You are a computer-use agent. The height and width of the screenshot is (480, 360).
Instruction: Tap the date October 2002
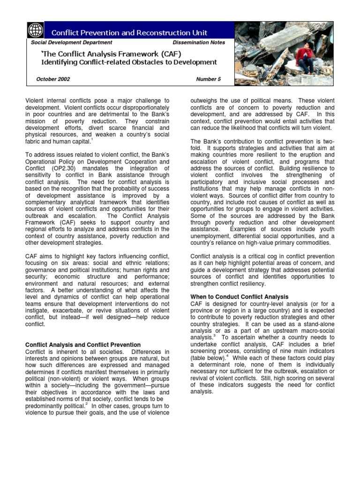[53, 79]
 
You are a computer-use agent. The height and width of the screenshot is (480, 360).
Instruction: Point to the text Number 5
[208, 79]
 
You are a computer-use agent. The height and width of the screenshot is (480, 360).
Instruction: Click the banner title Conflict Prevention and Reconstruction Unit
[129, 32]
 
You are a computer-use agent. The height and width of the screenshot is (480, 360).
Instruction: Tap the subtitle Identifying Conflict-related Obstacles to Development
[129, 62]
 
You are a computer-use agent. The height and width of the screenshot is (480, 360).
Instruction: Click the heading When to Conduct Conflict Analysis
[239, 297]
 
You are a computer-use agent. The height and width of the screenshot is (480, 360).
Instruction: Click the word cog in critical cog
[266, 256]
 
